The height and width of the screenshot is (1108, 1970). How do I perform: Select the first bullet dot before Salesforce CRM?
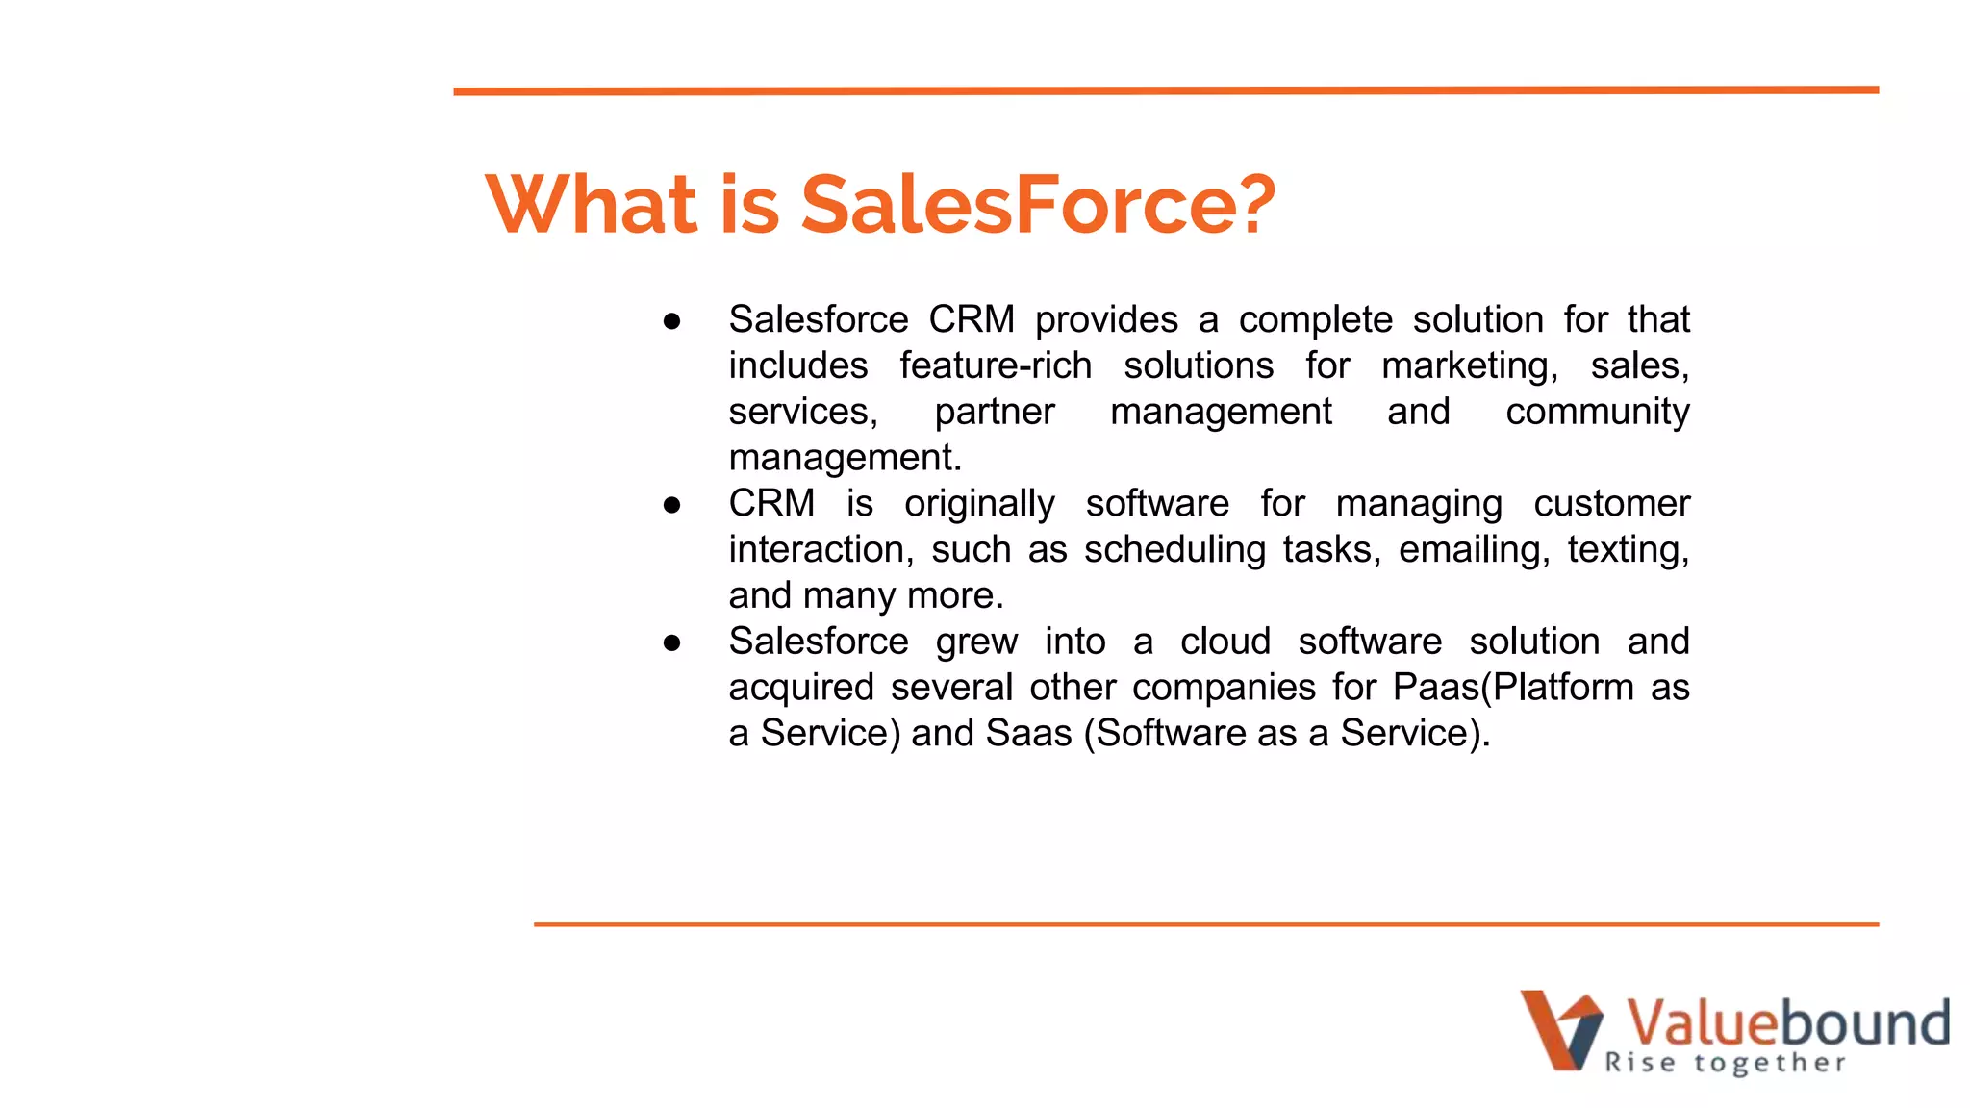[671, 321]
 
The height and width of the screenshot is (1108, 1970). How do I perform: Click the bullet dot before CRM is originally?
[671, 505]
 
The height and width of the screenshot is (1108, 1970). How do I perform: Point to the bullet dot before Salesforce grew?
[671, 642]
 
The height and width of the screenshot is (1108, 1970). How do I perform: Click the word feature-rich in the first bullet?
[996, 366]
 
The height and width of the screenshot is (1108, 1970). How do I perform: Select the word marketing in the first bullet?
[1468, 366]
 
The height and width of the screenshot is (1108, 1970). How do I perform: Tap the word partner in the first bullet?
[995, 413]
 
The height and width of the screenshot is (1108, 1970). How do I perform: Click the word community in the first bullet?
[1597, 413]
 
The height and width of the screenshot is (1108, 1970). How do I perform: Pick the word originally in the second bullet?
[979, 504]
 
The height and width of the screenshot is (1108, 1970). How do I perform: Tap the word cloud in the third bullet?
[1225, 642]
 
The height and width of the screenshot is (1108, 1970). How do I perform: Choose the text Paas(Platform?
[1513, 688]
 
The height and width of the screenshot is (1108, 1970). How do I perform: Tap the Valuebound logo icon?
[1561, 1030]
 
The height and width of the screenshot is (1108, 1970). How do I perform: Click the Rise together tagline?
[1725, 1063]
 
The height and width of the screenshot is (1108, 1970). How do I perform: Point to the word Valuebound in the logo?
[1787, 1021]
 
